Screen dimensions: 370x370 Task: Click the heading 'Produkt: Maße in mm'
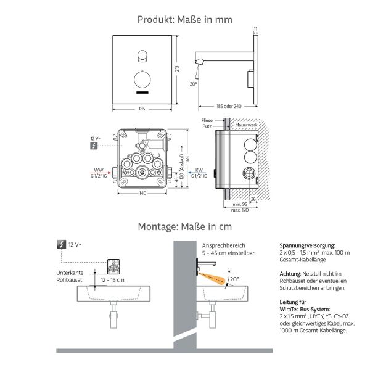(184, 20)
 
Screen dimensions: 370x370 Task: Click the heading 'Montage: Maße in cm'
(184, 226)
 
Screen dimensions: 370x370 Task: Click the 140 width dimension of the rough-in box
(143, 194)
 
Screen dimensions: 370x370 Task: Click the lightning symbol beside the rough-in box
(94, 146)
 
